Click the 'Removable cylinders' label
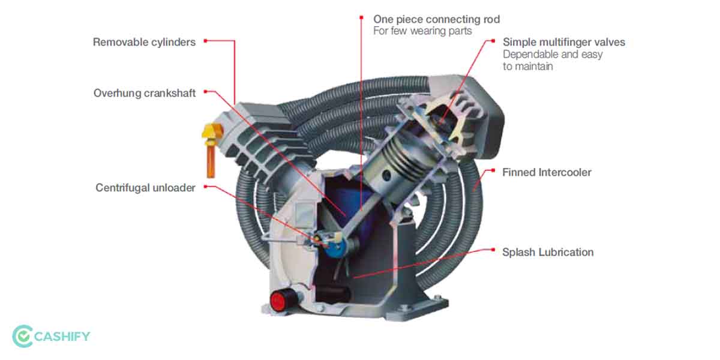point(145,43)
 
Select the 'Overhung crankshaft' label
point(144,94)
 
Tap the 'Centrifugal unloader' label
point(145,188)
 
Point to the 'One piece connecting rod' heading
point(436,19)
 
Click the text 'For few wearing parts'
point(422,31)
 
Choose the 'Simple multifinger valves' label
point(563,42)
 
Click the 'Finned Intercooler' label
point(547,172)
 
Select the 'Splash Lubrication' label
point(547,252)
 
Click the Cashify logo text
point(63,336)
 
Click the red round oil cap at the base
point(280,299)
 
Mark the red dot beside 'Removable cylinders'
point(205,41)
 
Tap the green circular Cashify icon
point(22,336)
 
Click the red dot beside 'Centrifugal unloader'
point(205,187)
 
